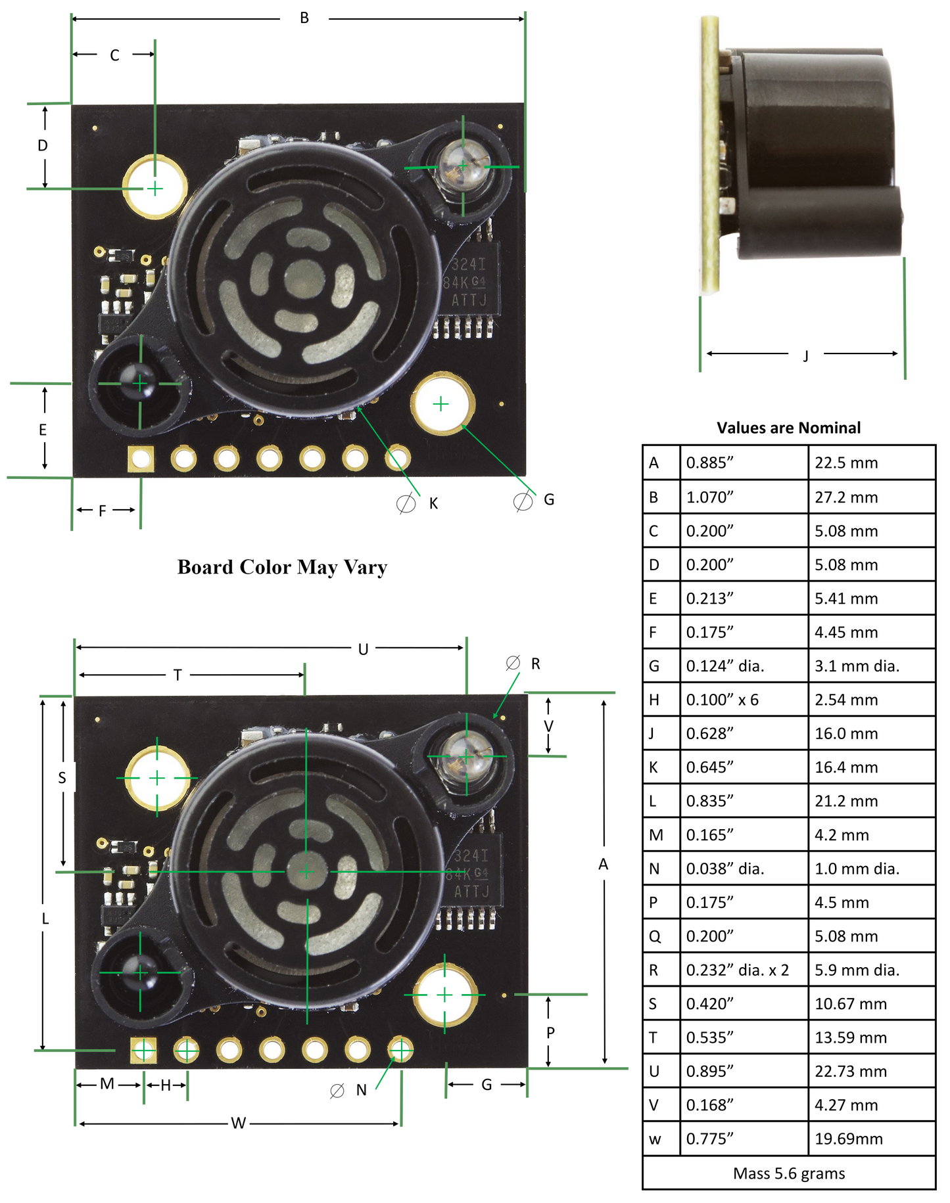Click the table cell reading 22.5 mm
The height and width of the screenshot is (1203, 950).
[x=846, y=463]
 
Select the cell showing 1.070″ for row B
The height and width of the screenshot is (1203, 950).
[x=709, y=497]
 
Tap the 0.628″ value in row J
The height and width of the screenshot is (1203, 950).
[x=709, y=734]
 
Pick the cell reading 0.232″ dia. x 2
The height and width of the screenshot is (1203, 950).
[x=737, y=970]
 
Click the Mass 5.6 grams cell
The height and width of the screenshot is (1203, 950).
[x=788, y=1173]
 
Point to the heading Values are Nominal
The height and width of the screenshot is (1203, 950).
[x=788, y=428]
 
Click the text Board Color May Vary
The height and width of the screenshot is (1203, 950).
[x=282, y=567]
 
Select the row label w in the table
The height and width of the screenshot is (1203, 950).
[x=655, y=1139]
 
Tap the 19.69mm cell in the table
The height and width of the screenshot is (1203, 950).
[x=848, y=1139]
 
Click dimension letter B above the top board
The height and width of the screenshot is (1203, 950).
[x=304, y=18]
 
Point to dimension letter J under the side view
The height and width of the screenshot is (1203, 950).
[x=805, y=356]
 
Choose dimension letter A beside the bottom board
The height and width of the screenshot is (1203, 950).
[x=603, y=865]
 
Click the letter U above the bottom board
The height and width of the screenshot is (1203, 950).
[x=363, y=650]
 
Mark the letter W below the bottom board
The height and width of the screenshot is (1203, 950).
[x=238, y=1124]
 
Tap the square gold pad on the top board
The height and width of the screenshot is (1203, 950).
[x=141, y=459]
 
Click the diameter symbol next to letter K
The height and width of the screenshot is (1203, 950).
[x=406, y=503]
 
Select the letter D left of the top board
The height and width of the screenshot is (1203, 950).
[x=43, y=145]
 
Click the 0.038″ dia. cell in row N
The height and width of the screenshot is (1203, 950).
[x=725, y=869]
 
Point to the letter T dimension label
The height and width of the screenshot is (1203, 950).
[x=178, y=675]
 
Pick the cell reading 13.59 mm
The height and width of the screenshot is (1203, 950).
[x=850, y=1038]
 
